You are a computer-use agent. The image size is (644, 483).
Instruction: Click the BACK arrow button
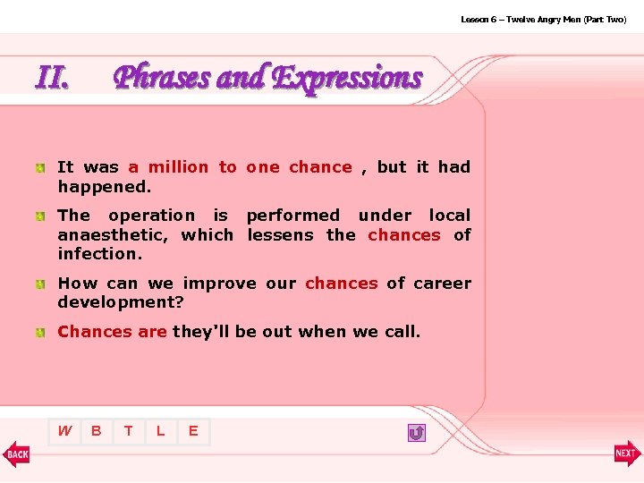coord(16,453)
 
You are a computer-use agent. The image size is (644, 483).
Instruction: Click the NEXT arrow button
coord(627,453)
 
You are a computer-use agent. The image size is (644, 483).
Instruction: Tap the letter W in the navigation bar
coord(64,431)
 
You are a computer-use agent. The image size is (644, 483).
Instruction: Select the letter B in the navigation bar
coord(97,431)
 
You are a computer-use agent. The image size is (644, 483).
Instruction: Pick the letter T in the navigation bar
coord(129,431)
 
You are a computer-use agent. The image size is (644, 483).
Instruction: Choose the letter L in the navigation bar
coord(161,431)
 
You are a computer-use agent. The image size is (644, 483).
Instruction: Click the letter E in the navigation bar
coord(193,431)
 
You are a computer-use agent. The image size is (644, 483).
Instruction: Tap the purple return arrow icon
coord(416,433)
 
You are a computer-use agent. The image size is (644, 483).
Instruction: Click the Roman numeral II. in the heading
coord(52,79)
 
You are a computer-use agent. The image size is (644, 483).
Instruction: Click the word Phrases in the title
coord(162,79)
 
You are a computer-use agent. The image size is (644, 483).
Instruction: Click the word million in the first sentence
coord(177,167)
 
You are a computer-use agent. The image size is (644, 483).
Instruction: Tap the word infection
coord(99,254)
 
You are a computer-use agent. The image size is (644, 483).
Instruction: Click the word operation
coord(151,216)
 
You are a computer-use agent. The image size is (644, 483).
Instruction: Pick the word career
coord(442,284)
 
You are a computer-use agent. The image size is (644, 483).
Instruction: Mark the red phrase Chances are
coord(112,332)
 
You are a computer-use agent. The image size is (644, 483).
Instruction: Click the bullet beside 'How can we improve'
coord(41,284)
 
